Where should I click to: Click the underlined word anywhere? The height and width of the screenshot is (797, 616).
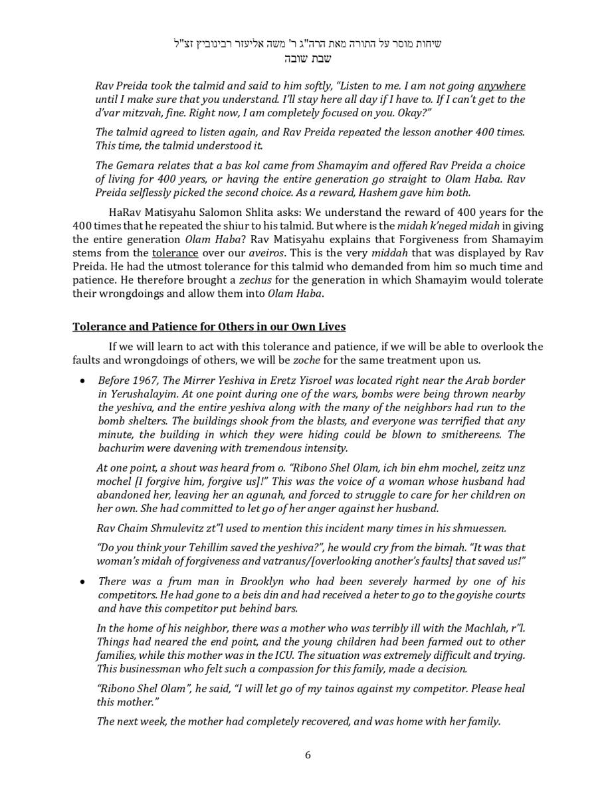[501, 86]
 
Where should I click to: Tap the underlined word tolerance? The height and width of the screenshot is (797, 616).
[175, 253]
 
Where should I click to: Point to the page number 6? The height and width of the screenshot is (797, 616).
[308, 754]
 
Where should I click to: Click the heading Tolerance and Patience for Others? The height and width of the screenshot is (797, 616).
[209, 327]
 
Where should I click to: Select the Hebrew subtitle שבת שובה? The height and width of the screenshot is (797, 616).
[308, 58]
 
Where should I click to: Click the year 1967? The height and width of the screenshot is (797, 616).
[144, 381]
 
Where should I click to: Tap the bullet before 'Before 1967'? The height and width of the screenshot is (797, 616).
[82, 381]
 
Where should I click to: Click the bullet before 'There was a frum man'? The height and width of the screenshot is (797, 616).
[82, 582]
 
